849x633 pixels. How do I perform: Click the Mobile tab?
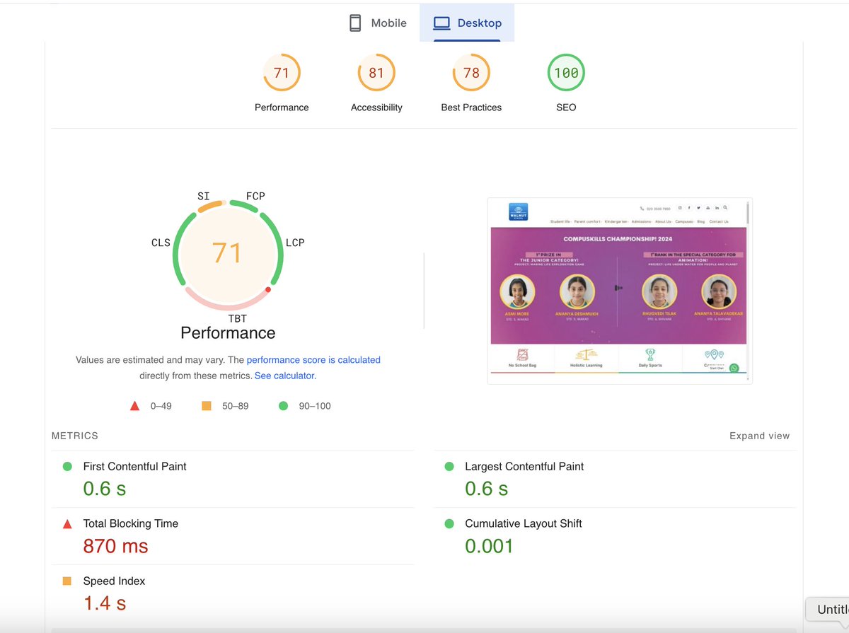(379, 23)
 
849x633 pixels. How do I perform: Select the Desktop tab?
(467, 23)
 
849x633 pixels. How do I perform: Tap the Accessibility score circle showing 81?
(376, 73)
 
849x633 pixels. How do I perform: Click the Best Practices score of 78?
(471, 73)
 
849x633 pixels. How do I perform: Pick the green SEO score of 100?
(566, 73)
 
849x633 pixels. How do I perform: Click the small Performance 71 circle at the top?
(282, 73)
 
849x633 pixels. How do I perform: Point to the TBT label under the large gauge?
(238, 319)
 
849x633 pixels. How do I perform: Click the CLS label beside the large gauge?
(161, 243)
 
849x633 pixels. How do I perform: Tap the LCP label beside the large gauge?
(295, 243)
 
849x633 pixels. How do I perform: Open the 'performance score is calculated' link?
(313, 360)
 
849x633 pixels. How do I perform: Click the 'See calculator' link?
(285, 376)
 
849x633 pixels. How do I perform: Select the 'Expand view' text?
(759, 436)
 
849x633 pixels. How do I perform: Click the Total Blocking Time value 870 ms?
(115, 546)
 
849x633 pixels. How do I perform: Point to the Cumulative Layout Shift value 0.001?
(489, 546)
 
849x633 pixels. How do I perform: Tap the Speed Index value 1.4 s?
(105, 603)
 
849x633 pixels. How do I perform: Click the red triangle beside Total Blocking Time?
(67, 524)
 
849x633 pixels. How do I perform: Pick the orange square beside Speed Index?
(67, 581)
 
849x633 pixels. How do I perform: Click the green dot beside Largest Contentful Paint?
(449, 467)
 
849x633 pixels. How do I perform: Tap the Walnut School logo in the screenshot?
(518, 211)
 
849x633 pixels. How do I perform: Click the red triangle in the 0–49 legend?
(134, 406)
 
